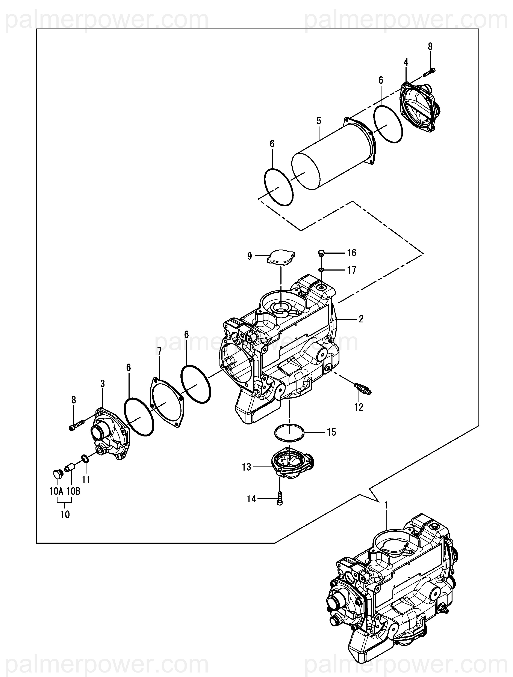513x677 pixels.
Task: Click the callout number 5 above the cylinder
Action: pyautogui.click(x=319, y=121)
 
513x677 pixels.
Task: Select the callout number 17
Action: pyautogui.click(x=352, y=270)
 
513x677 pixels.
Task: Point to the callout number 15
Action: pyautogui.click(x=331, y=432)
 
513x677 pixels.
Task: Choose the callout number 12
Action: pyautogui.click(x=359, y=407)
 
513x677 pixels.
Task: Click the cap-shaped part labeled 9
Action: pyautogui.click(x=281, y=258)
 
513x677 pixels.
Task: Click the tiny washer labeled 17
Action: pyautogui.click(x=321, y=270)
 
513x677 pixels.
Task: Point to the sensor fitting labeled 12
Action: pyautogui.click(x=362, y=388)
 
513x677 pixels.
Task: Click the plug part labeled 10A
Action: pyautogui.click(x=57, y=475)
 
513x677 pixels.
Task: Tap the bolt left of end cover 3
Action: pyautogui.click(x=77, y=425)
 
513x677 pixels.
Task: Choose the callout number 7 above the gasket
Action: pyautogui.click(x=159, y=351)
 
